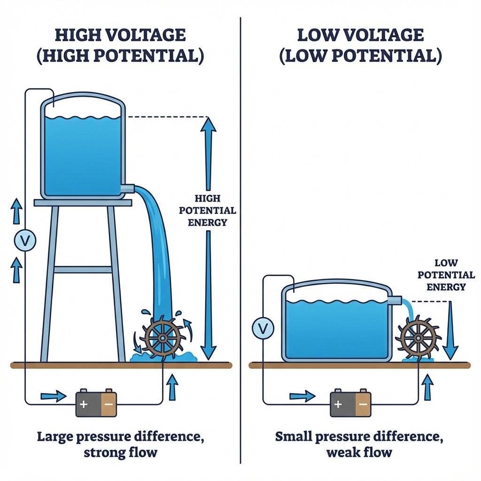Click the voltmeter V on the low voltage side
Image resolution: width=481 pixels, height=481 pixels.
[263, 328]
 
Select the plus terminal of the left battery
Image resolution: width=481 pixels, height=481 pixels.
[84, 403]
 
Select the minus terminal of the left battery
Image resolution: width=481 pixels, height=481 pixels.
[109, 403]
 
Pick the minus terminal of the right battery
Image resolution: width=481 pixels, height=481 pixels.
[363, 403]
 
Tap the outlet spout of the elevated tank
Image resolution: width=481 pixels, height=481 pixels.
[127, 189]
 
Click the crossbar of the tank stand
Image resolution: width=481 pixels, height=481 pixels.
[83, 270]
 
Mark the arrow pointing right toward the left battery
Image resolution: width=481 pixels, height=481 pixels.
[54, 396]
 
